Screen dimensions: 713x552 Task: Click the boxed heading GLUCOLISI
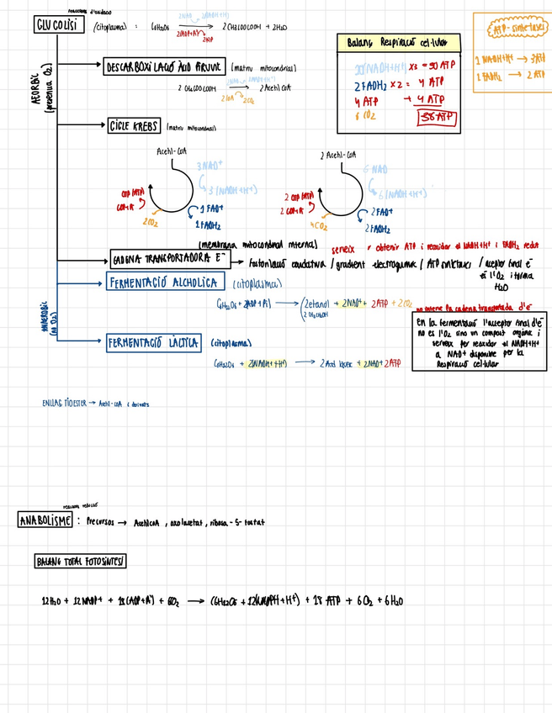[56, 25]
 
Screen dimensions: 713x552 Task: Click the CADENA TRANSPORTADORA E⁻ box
[169, 259]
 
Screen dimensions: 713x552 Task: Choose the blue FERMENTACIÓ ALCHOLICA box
[164, 283]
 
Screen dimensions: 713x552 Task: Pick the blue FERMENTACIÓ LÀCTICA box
[154, 343]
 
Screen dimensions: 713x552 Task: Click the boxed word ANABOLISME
[45, 520]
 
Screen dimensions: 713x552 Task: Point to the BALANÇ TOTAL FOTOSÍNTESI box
[81, 561]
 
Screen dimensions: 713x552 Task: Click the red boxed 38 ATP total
[435, 118]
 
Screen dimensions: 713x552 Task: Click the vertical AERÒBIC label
[40, 91]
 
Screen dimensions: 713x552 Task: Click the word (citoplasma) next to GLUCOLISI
[110, 27]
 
